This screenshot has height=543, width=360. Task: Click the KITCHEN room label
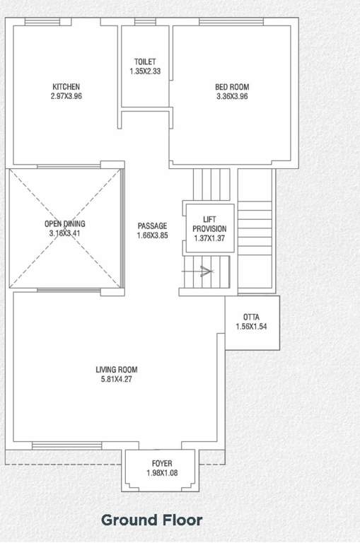(x=66, y=87)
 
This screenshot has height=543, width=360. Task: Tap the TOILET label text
(x=145, y=62)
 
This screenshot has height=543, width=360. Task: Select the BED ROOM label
(x=232, y=87)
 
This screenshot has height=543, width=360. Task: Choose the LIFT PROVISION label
(x=209, y=224)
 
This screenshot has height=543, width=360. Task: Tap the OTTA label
(x=250, y=317)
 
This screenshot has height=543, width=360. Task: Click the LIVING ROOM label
(x=117, y=369)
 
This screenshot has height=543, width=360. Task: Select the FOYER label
(x=161, y=463)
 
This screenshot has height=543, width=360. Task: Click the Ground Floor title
(x=152, y=520)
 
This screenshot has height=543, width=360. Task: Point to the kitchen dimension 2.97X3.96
(x=66, y=96)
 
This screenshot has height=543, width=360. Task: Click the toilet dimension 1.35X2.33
(x=145, y=71)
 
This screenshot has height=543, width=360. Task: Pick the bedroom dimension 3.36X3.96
(x=232, y=96)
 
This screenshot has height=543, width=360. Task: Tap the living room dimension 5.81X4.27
(x=117, y=378)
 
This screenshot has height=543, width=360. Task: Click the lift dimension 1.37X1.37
(x=209, y=238)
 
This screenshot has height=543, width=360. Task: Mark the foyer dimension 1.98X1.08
(x=161, y=472)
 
